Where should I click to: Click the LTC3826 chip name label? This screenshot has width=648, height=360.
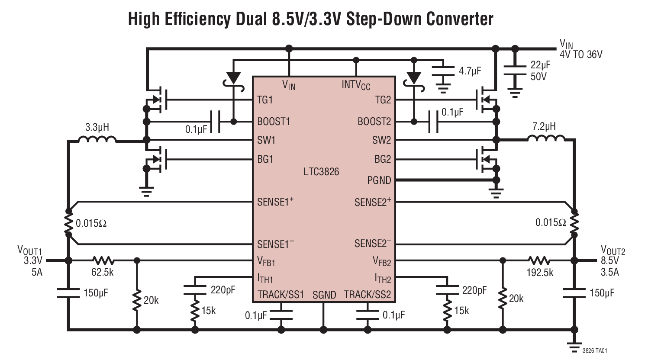[321, 172]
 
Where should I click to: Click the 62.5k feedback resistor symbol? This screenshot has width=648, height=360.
[103, 260]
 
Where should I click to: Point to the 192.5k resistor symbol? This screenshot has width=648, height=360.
[538, 260]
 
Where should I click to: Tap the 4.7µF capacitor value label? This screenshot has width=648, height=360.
[470, 71]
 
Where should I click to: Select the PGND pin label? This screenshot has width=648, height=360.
[379, 180]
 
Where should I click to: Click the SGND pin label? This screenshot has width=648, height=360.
[324, 295]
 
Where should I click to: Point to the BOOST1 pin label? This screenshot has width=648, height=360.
[274, 122]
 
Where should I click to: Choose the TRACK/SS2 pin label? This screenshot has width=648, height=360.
[367, 295]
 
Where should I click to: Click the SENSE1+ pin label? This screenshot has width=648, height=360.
[275, 202]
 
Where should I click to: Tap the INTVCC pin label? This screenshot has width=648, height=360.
[356, 84]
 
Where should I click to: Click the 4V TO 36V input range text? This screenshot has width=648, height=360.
[581, 55]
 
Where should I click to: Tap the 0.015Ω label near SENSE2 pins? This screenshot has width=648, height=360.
[551, 222]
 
